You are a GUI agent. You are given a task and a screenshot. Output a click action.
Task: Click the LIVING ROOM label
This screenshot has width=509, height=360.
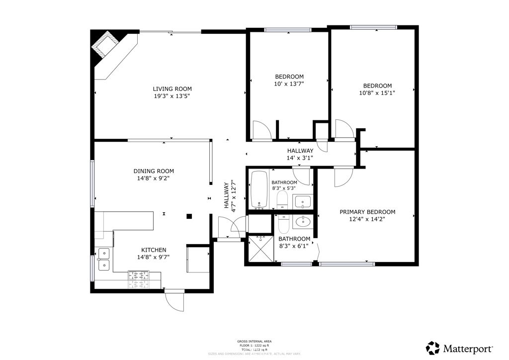click(x=172, y=89)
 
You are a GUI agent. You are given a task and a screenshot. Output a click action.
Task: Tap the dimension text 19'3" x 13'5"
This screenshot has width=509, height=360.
click(x=172, y=96)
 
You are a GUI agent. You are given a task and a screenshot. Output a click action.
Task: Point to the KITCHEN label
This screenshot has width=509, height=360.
click(x=154, y=250)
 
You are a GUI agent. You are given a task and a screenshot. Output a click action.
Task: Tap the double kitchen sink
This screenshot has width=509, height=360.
click(x=104, y=259)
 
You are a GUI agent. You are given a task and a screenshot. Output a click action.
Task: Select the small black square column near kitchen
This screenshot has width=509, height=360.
click(x=189, y=216)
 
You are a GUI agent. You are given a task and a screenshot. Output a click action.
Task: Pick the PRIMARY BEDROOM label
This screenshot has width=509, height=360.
click(x=367, y=212)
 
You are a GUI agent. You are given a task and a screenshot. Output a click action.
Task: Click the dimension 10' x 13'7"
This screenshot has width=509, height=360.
click(x=289, y=84)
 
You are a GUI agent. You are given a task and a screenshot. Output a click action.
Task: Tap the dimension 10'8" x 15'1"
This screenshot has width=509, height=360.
click(x=377, y=92)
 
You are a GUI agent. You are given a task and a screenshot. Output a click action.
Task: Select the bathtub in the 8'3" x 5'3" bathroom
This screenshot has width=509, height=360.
click(x=259, y=189)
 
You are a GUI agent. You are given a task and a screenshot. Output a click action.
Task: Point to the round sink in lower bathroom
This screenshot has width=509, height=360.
click(x=301, y=221)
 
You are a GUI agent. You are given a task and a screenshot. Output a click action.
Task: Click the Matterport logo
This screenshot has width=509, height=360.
click(x=460, y=348)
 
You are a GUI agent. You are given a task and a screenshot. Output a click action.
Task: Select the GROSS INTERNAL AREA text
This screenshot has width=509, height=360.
click(x=254, y=341)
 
